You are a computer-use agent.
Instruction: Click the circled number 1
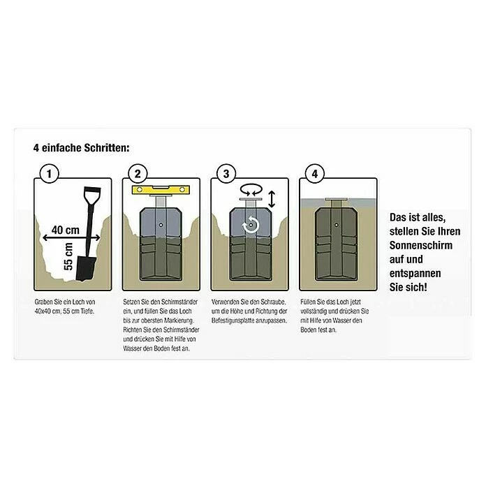point(50,174)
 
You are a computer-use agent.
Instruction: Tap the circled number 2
point(138,174)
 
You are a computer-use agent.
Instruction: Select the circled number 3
point(226,174)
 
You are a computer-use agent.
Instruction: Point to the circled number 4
point(315,174)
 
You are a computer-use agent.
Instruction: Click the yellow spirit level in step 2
point(161,190)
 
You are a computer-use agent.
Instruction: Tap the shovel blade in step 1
point(86,268)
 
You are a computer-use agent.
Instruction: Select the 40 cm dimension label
point(66,230)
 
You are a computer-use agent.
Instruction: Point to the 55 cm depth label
point(68,257)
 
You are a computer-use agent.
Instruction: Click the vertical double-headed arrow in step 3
point(272,199)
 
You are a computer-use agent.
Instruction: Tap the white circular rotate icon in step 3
point(251,225)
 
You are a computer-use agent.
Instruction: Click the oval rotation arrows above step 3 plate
point(251,189)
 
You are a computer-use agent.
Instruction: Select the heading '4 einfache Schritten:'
point(82,148)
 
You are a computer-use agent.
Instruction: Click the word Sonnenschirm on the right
point(421,245)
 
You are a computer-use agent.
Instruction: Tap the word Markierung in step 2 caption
point(179,321)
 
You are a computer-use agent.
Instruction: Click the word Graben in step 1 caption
point(44,302)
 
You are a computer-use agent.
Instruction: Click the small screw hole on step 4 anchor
point(337,225)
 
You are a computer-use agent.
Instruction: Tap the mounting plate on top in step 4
point(337,199)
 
